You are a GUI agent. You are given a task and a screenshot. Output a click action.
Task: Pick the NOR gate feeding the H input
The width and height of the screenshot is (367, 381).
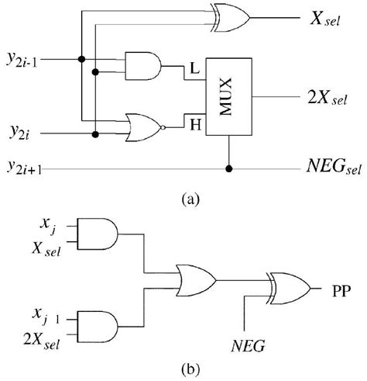click(143, 126)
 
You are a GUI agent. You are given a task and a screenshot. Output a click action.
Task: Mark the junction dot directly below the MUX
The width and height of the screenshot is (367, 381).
click(228, 167)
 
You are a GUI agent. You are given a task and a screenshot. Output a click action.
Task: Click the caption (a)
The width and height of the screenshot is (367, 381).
click(190, 199)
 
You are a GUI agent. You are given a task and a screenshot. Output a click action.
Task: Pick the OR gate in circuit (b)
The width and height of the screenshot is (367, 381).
click(196, 278)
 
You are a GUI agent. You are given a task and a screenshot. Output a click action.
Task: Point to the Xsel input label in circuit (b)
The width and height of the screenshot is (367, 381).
click(50, 245)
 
